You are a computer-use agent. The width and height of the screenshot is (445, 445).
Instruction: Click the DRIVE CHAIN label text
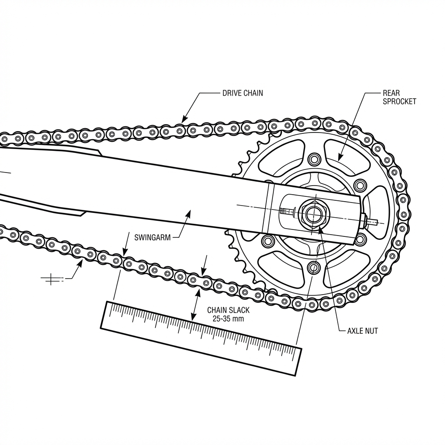(x=242, y=93)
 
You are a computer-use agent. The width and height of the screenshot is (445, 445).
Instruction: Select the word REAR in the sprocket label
(x=391, y=93)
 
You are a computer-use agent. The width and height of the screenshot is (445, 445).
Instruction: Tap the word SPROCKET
(x=399, y=102)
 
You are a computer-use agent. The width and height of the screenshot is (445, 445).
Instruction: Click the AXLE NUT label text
(x=362, y=331)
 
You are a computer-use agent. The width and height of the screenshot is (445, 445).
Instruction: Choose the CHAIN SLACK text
(x=228, y=310)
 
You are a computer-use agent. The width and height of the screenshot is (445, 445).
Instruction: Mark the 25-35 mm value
(x=228, y=319)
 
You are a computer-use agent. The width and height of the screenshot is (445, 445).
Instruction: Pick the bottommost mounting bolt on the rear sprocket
(x=313, y=267)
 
